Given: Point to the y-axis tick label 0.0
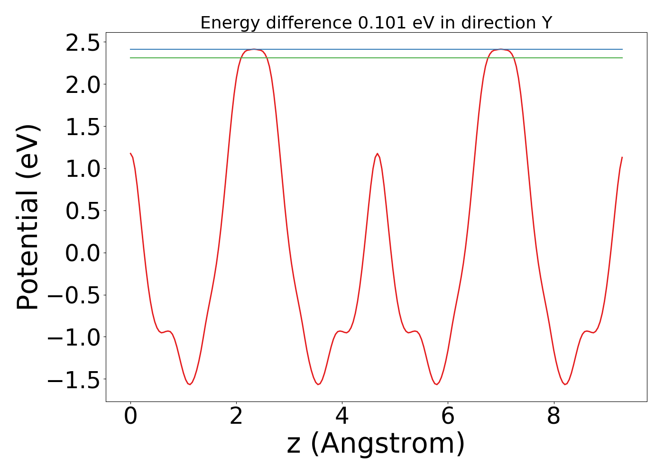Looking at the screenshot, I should pos(83,253).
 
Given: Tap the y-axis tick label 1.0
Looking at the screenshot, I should pos(83,169).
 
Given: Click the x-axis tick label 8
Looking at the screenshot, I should pos(553,417).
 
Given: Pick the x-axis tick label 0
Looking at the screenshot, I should pos(130,417).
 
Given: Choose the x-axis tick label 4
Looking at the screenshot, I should pos(342,417).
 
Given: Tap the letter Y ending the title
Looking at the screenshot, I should pos(547,23).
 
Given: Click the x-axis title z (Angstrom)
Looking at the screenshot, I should pos(376,444).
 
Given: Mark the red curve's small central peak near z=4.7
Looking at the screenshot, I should pos(377,154).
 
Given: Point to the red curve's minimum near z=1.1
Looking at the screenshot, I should pos(189,384).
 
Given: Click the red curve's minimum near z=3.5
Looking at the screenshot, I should pos(318,384).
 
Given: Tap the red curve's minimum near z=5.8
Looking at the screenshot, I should pos(436,384).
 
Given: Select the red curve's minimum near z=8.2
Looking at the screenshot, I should pos(565,384).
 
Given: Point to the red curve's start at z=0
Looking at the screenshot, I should pos(130,154).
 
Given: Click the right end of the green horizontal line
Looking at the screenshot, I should pos(622,58).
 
